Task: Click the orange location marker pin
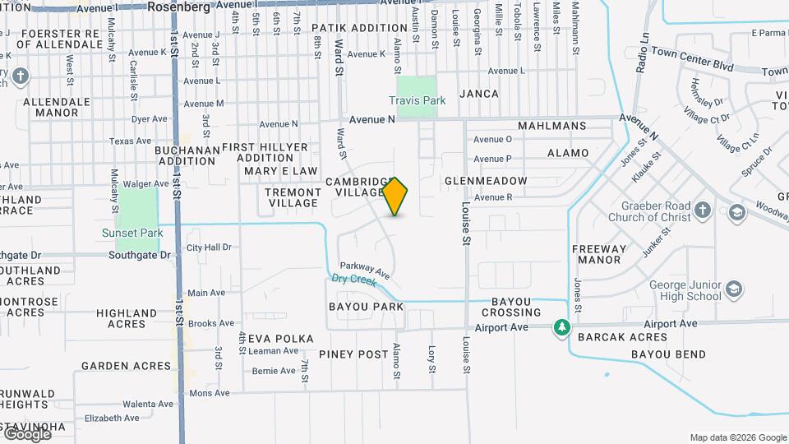(395, 197)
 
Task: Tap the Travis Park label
(418, 100)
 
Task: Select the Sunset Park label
(132, 233)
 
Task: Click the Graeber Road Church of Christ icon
(703, 210)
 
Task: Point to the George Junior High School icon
(734, 289)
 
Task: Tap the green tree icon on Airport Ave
(562, 327)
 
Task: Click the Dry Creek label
(353, 280)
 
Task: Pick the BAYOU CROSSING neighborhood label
(511, 307)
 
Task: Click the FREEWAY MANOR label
(599, 254)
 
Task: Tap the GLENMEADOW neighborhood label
(486, 181)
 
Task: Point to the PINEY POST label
(353, 354)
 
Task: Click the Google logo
(26, 433)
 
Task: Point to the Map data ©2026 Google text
(737, 437)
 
